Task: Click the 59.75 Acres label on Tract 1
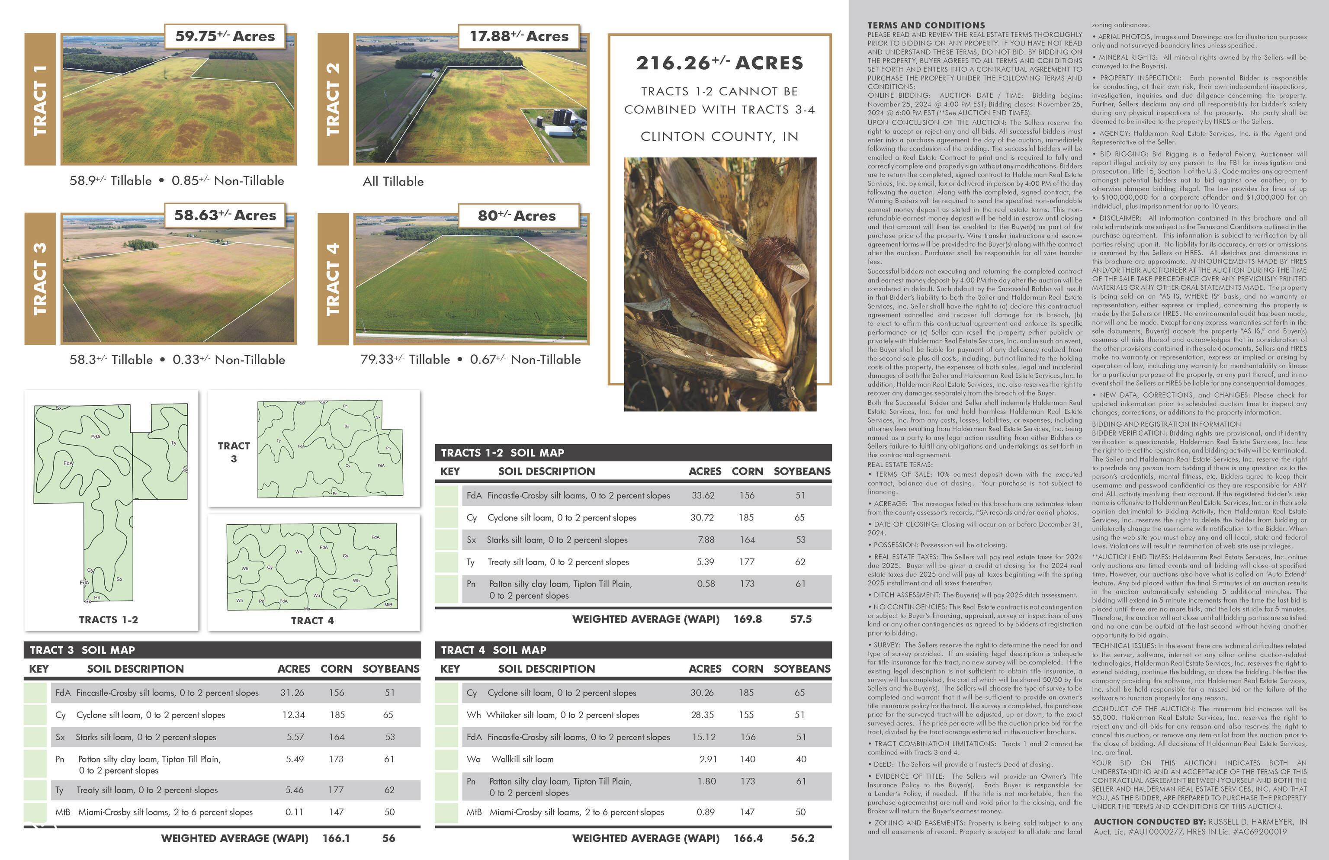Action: tap(225, 36)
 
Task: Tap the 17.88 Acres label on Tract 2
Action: tap(519, 36)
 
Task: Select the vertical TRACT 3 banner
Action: tap(40, 279)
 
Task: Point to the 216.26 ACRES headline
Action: tap(719, 63)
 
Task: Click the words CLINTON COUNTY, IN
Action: tap(719, 137)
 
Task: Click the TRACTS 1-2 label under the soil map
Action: tap(108, 620)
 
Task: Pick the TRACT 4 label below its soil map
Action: tap(312, 620)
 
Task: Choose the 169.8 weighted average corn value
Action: tap(747, 619)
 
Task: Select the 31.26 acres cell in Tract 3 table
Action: tap(292, 693)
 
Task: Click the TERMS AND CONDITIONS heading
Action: tap(926, 25)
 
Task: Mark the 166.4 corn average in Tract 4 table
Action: tap(748, 838)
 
